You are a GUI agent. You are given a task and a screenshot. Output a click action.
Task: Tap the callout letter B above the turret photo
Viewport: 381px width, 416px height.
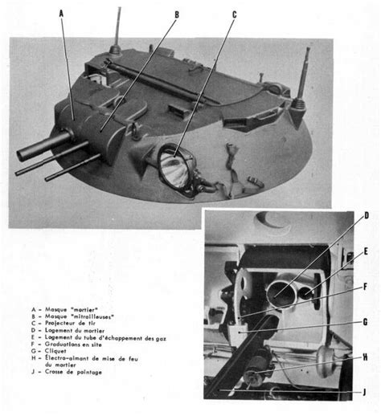(176, 14)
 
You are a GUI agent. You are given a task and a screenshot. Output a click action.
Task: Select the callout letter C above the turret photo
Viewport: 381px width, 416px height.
(234, 14)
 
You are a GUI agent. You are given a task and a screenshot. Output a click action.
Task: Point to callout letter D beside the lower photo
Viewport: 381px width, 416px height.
(367, 216)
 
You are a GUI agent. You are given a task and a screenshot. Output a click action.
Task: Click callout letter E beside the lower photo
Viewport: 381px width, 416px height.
(366, 251)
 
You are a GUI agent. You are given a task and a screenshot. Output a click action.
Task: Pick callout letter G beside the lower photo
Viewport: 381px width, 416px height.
(366, 321)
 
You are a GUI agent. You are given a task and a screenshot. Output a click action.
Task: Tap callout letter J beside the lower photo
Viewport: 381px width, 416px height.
(367, 392)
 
